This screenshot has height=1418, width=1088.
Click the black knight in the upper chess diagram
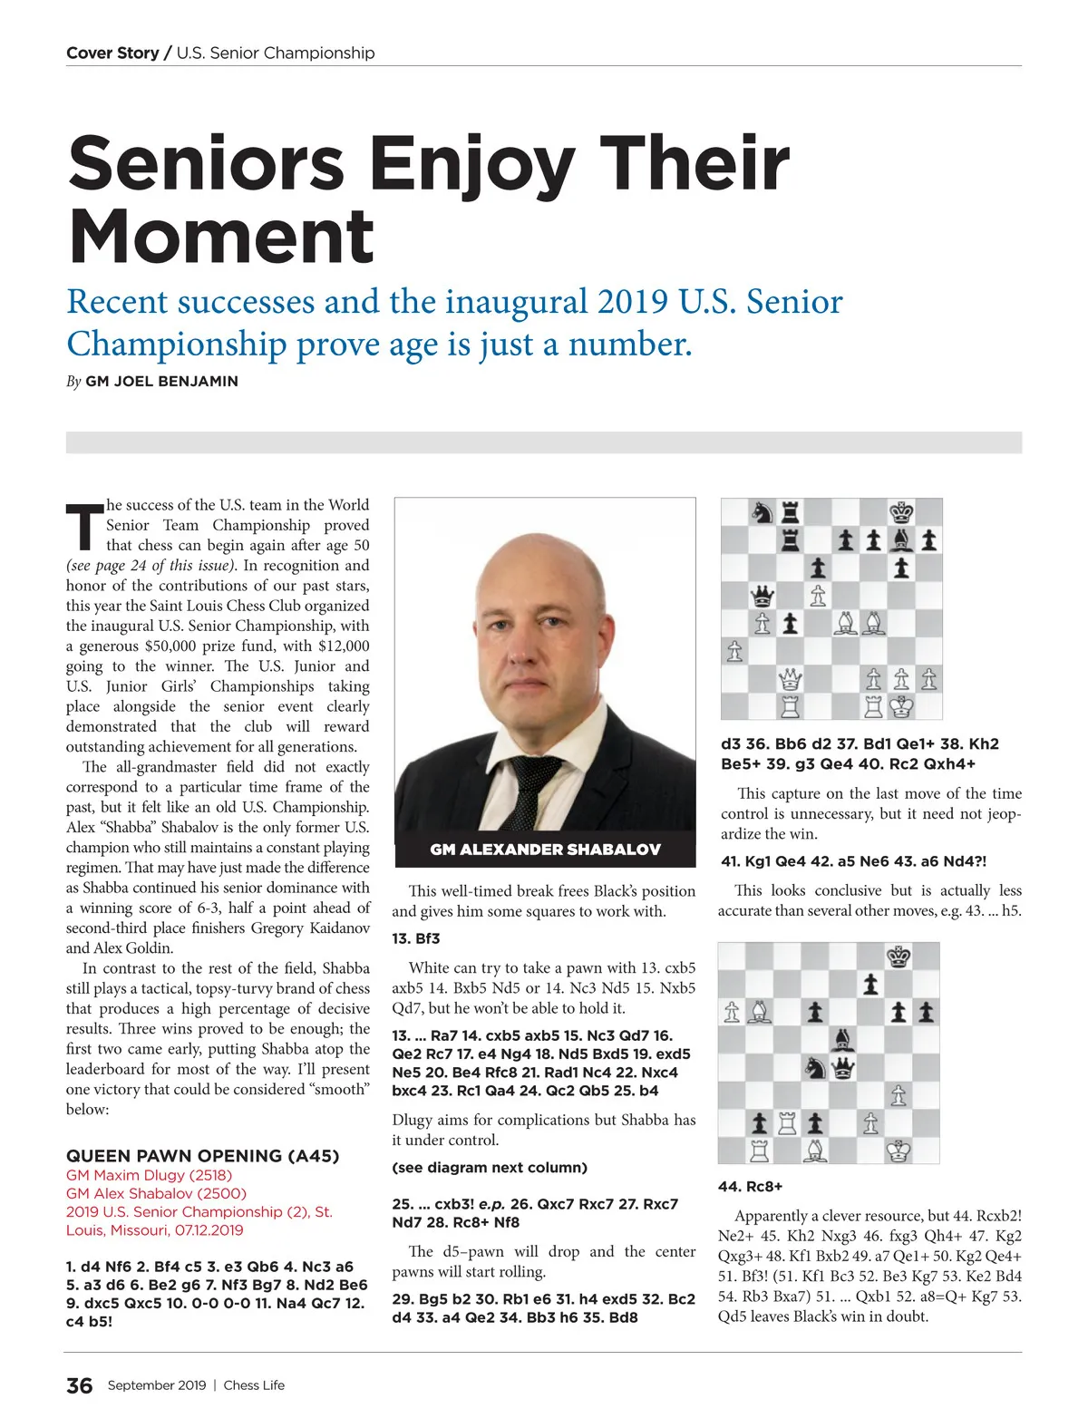[763, 513]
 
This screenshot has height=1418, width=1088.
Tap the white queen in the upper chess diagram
[790, 678]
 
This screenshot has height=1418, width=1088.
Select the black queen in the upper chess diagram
[763, 596]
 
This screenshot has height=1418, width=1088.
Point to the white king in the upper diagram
[901, 705]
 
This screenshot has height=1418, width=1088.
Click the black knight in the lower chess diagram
[816, 1067]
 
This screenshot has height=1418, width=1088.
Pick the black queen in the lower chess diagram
[843, 1067]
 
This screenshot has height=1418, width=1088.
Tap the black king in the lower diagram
[899, 957]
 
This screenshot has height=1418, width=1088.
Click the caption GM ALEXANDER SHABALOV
[545, 850]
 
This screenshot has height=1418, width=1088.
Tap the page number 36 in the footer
[79, 1385]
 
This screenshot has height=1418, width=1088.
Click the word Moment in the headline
[221, 236]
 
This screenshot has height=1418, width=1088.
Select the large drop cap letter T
[84, 525]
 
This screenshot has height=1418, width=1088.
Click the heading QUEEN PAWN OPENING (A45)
[202, 1156]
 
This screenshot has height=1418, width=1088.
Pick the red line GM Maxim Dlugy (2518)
[149, 1175]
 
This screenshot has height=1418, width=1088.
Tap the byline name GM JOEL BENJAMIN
[161, 382]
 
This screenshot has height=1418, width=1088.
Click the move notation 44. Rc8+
[751, 1186]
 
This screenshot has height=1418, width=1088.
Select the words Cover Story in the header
[112, 53]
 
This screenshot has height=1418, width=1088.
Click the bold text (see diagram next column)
[490, 1167]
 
